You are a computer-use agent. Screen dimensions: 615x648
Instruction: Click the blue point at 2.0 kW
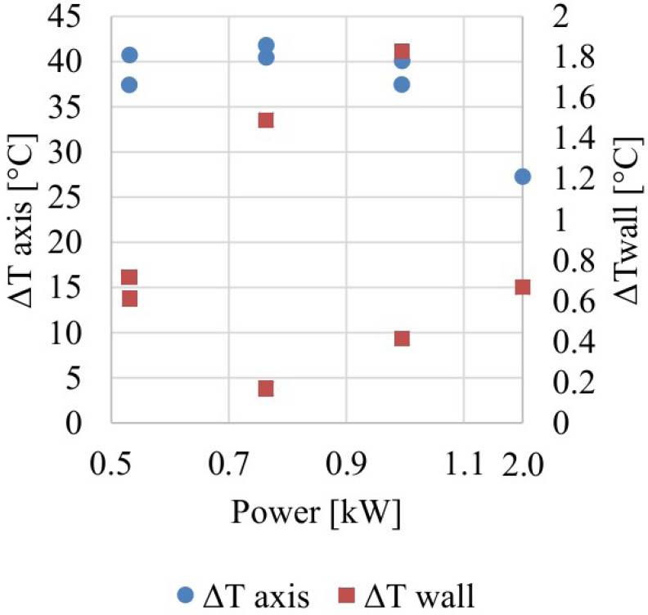coord(523,177)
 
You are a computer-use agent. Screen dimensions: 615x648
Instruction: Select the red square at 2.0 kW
coord(523,287)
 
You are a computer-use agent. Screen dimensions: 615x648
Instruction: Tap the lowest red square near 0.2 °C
coord(266,388)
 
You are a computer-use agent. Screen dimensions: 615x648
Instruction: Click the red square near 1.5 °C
coord(266,120)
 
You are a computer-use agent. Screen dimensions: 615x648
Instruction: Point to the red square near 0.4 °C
coord(402,339)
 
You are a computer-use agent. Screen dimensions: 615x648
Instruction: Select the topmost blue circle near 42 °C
coord(266,45)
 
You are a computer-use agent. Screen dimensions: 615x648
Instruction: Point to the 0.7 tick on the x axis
coord(228,468)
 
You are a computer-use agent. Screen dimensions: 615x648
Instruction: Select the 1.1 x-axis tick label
coord(464,468)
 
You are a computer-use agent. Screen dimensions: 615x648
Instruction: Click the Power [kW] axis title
coord(317,516)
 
